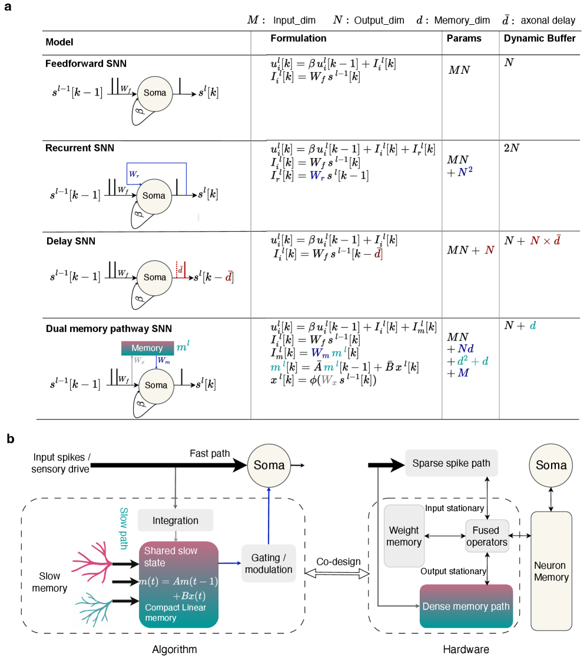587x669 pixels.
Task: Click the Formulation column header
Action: click(x=298, y=39)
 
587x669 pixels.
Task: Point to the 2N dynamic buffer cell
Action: click(x=511, y=148)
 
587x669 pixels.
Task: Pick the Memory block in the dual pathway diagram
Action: click(x=147, y=348)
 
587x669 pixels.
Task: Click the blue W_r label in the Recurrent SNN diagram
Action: click(x=135, y=174)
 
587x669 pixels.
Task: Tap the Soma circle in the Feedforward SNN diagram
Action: click(x=155, y=93)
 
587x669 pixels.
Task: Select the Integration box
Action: click(x=175, y=520)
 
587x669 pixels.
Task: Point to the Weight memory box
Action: click(x=403, y=535)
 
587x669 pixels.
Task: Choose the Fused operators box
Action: click(x=486, y=536)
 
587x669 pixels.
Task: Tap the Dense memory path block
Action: click(x=466, y=607)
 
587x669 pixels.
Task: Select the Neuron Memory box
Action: click(x=551, y=571)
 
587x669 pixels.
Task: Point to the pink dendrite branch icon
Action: click(x=91, y=555)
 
